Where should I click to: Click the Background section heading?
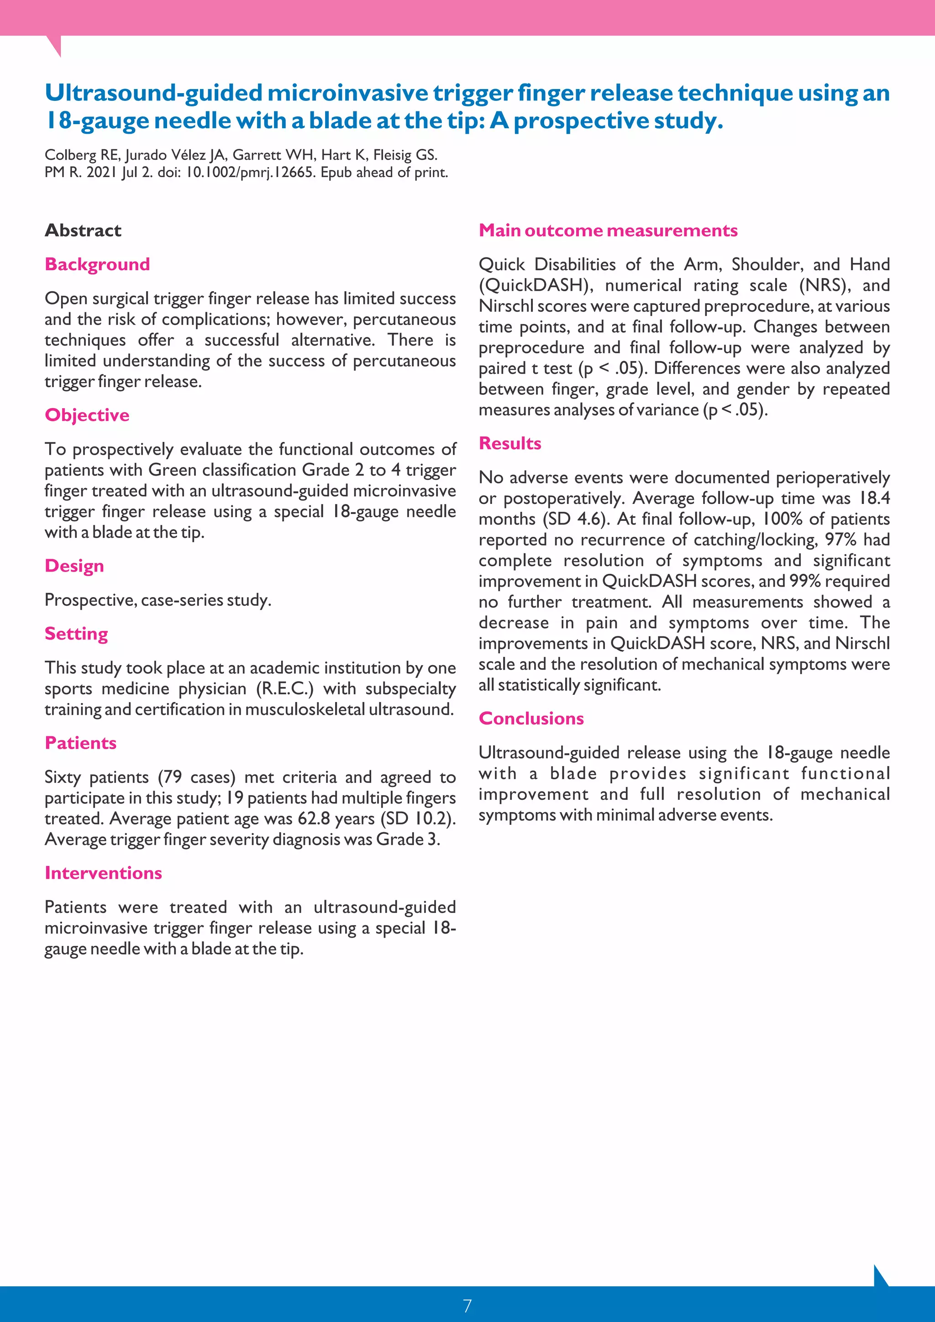pyautogui.click(x=97, y=264)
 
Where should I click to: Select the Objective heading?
pyautogui.click(x=87, y=415)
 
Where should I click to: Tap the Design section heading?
pyautogui.click(x=74, y=566)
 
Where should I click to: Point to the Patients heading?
pyautogui.click(x=81, y=743)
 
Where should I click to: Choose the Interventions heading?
pyautogui.click(x=103, y=873)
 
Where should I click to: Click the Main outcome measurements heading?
pyautogui.click(x=608, y=231)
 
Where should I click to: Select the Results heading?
pyautogui.click(x=510, y=443)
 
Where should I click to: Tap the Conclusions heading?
pyautogui.click(x=531, y=719)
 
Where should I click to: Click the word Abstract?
pyautogui.click(x=83, y=231)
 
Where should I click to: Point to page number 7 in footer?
pyautogui.click(x=467, y=1305)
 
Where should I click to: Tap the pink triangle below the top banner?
pyautogui.click(x=55, y=44)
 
